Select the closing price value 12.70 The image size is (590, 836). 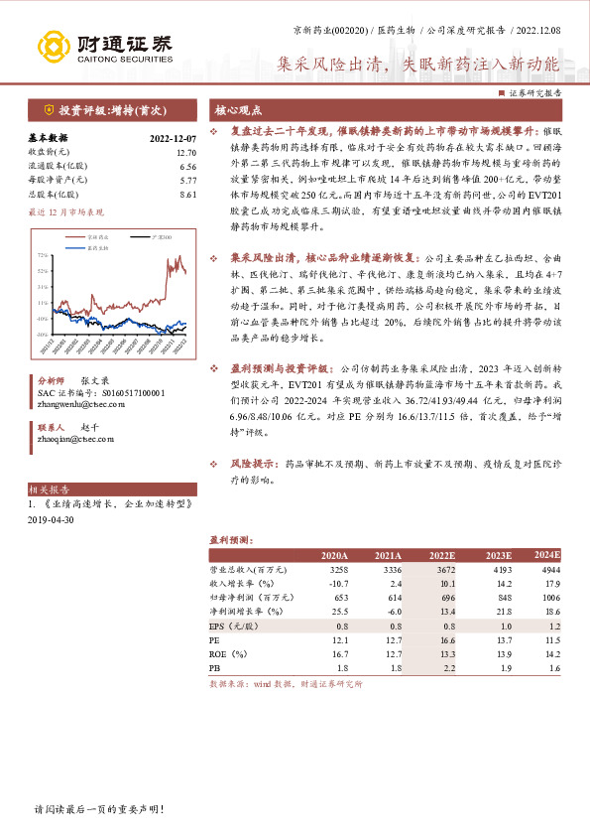[x=186, y=153]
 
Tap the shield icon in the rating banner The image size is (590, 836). [x=49, y=110]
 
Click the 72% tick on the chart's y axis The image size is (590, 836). [x=42, y=255]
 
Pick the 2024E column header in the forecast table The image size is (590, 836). [x=546, y=555]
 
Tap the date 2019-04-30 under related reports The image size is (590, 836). [x=52, y=520]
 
